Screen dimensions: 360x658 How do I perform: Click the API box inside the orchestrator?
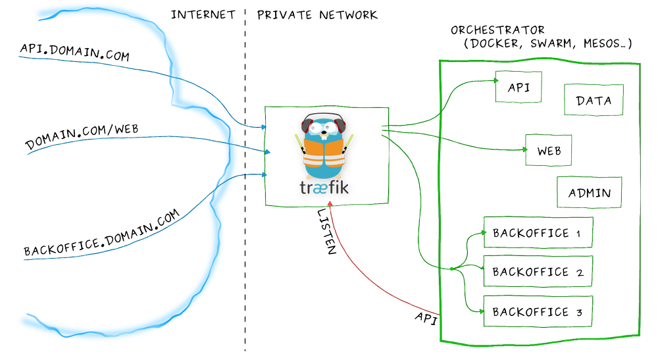click(518, 88)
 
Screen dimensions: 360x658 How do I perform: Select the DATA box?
click(594, 100)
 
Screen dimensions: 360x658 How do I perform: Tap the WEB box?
click(549, 150)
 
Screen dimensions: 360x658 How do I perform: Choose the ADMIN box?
click(589, 193)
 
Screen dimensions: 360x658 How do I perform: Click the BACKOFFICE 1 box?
click(537, 233)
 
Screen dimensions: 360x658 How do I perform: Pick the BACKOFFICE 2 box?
click(537, 271)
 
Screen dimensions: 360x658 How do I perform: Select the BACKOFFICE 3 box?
click(537, 311)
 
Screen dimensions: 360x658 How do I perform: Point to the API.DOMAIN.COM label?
click(74, 53)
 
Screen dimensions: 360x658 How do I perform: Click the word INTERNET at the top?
click(203, 14)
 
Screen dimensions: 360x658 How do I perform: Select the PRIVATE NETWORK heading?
click(317, 14)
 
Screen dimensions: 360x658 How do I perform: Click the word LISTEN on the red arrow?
click(327, 232)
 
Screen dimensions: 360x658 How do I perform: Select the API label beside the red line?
click(426, 317)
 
